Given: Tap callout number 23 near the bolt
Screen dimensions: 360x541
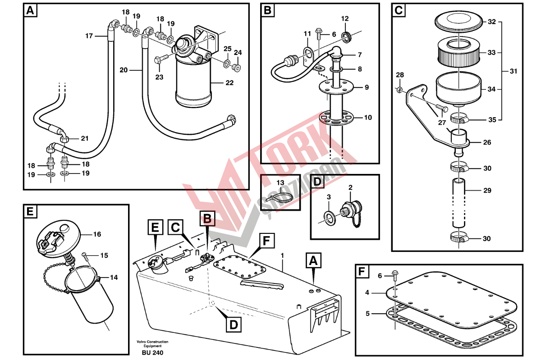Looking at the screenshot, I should pos(159,77).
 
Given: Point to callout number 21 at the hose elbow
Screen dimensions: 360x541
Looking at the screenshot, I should pos(85,138).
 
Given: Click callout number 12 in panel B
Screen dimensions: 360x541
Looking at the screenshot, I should pos(345,19).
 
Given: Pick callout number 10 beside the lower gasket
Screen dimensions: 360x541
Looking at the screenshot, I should pos(368,118).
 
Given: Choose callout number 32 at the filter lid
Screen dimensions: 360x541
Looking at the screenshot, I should pos(492,21).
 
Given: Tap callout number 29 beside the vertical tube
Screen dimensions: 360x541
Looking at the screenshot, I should pos(487,191).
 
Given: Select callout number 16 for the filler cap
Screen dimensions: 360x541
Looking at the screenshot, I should pos(97,234).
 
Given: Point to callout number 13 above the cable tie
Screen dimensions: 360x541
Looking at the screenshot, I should pos(280,182).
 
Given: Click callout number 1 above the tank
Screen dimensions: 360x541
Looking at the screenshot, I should pos(283,255).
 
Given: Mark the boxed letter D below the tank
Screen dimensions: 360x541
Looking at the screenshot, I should pos(233,324).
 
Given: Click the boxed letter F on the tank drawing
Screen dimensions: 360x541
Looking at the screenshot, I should pos(266,241).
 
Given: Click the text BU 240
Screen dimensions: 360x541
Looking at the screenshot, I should pos(152,352).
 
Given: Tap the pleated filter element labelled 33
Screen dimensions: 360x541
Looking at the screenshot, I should pos(458,52).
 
